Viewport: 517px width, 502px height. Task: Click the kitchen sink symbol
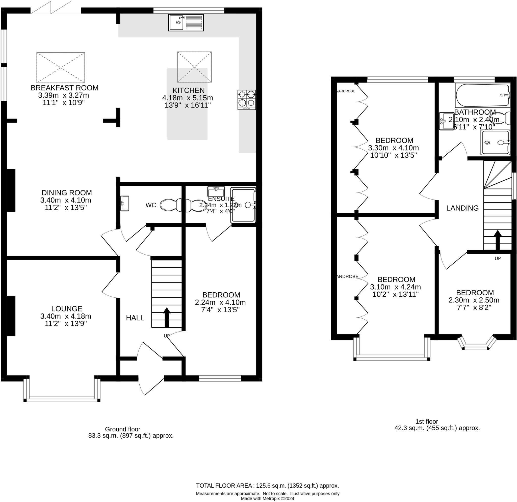click(186, 23)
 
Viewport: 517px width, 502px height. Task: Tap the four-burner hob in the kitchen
click(247, 100)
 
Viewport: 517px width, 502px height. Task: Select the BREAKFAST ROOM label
click(65, 88)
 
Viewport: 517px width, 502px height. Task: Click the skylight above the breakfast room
click(61, 68)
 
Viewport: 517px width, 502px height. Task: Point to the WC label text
click(151, 205)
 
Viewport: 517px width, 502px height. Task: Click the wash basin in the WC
click(124, 203)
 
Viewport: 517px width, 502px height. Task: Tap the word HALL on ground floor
click(135, 318)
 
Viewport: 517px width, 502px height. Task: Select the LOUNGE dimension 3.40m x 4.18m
click(66, 316)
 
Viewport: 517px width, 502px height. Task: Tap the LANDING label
click(462, 208)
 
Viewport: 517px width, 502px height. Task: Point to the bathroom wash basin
click(446, 121)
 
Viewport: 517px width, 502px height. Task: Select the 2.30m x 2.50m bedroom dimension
click(474, 300)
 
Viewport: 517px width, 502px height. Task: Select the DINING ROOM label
click(67, 193)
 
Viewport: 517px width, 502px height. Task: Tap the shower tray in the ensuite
click(243, 205)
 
